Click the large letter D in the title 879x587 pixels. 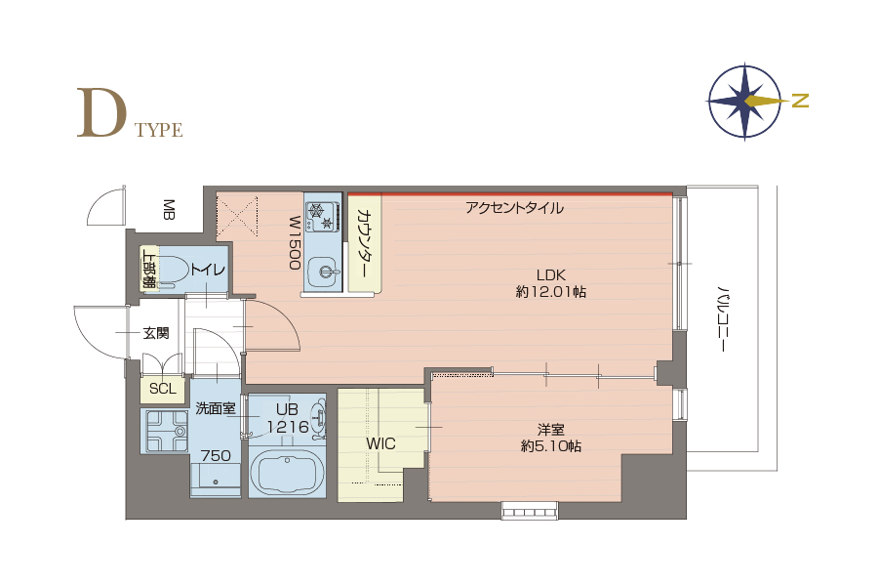click(x=100, y=112)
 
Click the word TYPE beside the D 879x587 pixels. click(x=159, y=130)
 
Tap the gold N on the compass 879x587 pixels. click(x=801, y=101)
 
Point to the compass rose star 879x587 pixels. click(x=744, y=102)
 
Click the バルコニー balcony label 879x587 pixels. click(x=724, y=319)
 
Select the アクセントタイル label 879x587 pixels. click(x=514, y=208)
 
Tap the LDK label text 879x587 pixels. click(x=551, y=275)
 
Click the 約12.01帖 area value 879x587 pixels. click(x=551, y=292)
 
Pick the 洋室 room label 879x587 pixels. click(x=550, y=430)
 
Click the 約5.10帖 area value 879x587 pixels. click(x=551, y=446)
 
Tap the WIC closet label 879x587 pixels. click(x=380, y=443)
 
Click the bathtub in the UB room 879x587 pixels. click(x=287, y=475)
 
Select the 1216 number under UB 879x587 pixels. click(x=288, y=427)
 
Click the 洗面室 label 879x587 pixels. click(x=216, y=408)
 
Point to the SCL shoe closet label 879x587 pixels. click(x=163, y=389)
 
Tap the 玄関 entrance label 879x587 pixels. click(x=156, y=333)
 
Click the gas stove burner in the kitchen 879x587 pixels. click(x=323, y=216)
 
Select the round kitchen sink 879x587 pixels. click(x=324, y=273)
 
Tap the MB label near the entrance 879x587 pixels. click(x=168, y=209)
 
